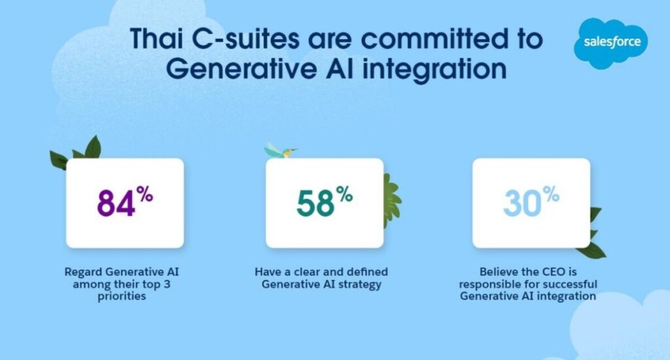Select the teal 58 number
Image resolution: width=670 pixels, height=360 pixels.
(x=316, y=203)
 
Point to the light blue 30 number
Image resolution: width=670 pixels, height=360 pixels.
(x=522, y=203)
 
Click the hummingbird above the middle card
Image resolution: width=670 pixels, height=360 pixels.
(x=280, y=151)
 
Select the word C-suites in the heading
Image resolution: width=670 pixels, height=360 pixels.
(x=245, y=38)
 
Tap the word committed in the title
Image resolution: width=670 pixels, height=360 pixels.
(x=431, y=38)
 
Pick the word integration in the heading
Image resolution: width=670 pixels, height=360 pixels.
(x=434, y=69)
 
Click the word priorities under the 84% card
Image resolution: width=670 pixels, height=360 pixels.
(x=122, y=297)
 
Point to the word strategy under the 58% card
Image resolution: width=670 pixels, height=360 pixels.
(x=360, y=285)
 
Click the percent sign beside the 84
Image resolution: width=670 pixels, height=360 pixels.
(x=145, y=195)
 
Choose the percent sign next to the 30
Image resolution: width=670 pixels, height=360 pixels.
(x=551, y=195)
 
